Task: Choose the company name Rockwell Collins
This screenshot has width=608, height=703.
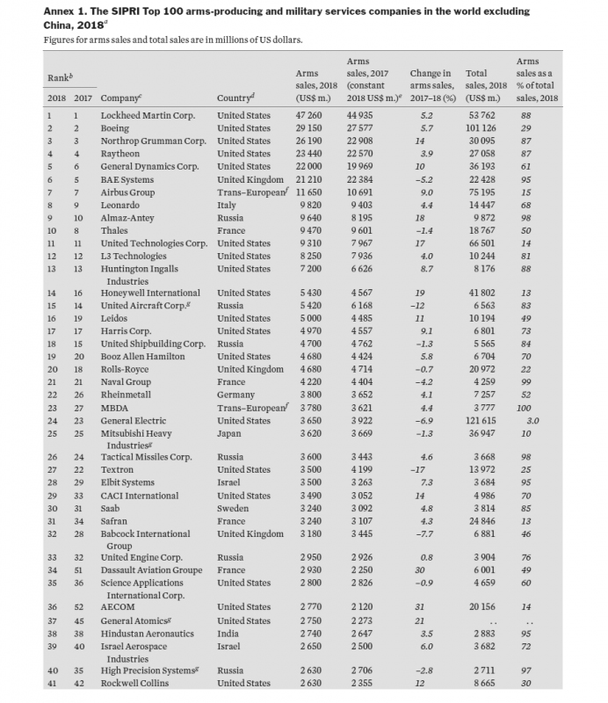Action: (136, 684)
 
